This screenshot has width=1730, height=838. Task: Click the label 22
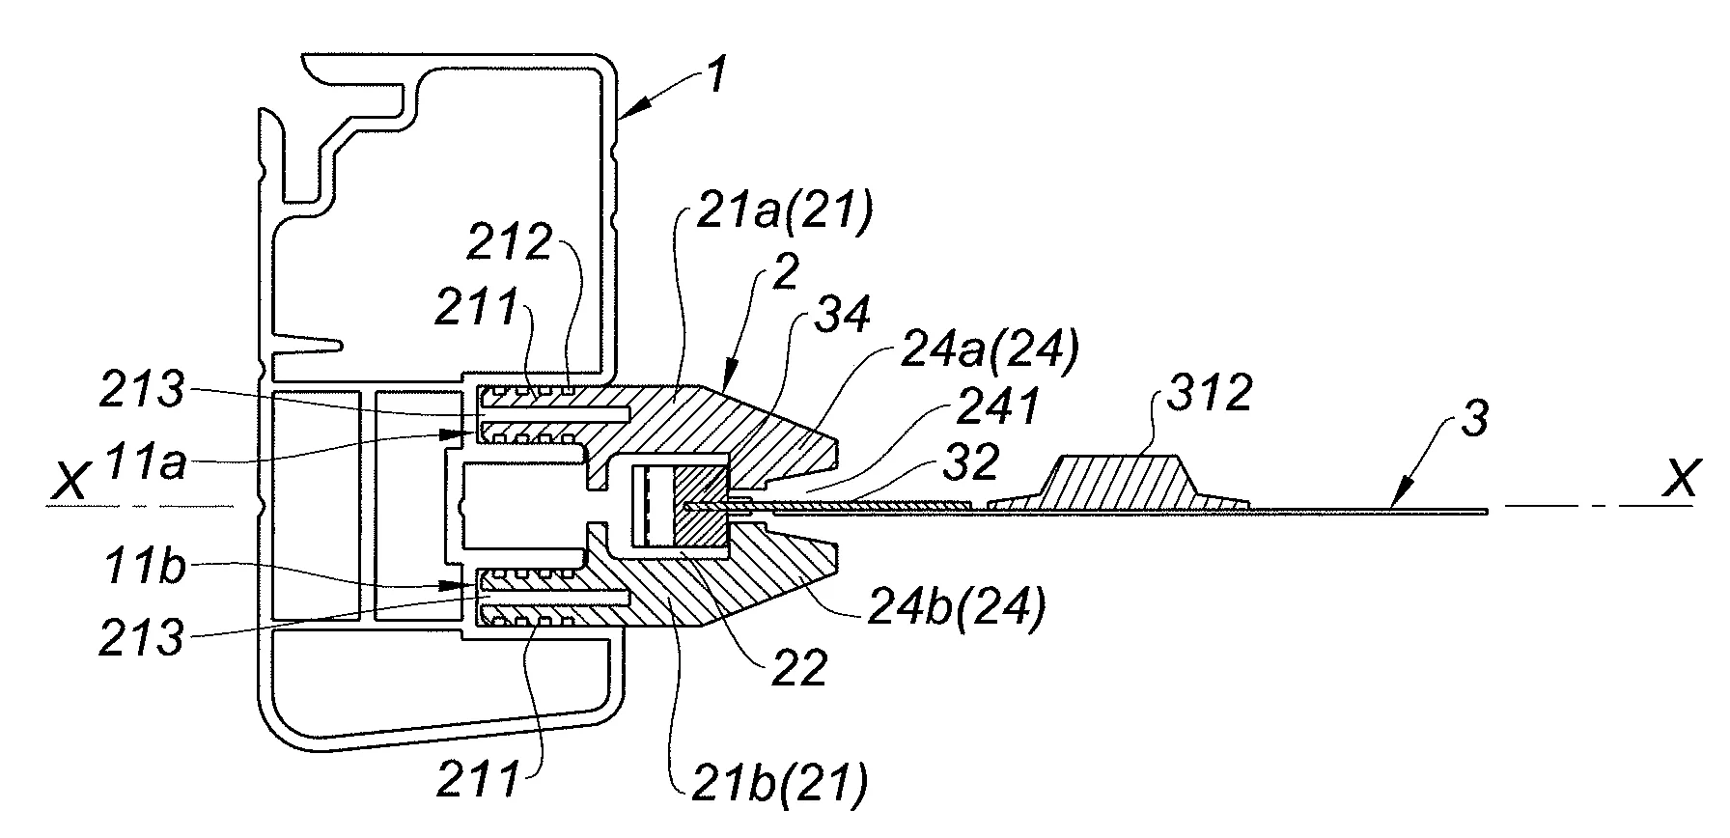coord(801,669)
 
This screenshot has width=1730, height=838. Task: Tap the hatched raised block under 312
coord(1120,482)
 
